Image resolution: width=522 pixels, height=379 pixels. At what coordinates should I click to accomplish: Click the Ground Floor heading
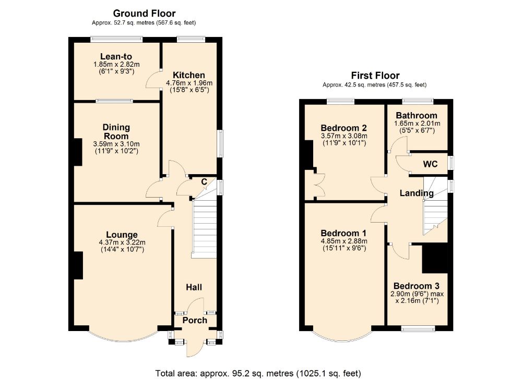pos(144,14)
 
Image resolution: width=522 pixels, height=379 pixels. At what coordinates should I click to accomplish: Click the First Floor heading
pos(375,76)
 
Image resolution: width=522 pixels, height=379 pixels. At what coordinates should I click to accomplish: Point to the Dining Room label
pos(116,131)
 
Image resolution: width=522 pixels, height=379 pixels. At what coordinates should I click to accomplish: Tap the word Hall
pos(194,287)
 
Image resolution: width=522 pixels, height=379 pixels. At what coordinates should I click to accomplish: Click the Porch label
pos(194,320)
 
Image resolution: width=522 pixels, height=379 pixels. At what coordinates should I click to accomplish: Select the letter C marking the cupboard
pos(204,181)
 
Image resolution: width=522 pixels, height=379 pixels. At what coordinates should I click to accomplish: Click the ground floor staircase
pos(205,229)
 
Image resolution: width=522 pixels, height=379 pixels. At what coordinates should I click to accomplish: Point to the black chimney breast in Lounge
pos(78,265)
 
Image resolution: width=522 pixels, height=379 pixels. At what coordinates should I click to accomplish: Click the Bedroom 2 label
pos(343,128)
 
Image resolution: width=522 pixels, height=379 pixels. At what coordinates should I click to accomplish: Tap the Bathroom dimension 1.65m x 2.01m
pos(417,124)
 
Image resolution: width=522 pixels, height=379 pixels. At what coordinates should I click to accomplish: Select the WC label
pos(430,164)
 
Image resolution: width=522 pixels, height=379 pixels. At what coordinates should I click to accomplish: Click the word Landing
pos(417,193)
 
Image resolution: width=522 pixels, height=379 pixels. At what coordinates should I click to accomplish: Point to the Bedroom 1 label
pos(343,233)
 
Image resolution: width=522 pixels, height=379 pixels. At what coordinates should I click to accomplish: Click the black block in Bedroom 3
pos(435,258)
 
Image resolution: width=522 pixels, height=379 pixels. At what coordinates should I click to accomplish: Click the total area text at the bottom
pos(258,373)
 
